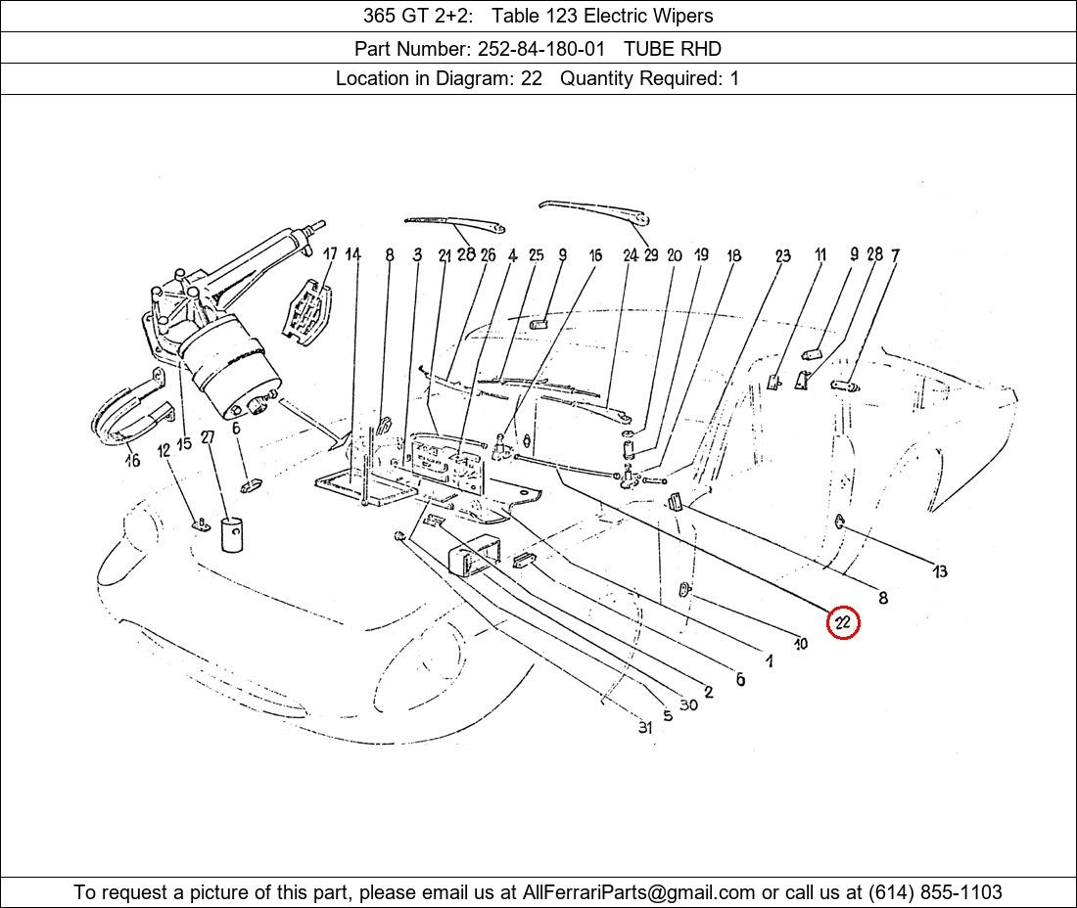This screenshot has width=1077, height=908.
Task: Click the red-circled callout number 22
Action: click(x=843, y=622)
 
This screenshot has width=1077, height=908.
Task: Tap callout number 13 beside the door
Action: click(x=940, y=571)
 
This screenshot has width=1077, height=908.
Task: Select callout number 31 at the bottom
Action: click(x=644, y=727)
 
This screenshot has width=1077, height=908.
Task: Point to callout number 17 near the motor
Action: click(x=330, y=254)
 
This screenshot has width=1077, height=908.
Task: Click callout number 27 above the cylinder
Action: click(x=208, y=437)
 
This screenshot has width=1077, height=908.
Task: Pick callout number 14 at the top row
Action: click(x=353, y=255)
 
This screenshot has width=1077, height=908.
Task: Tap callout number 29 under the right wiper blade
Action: click(x=651, y=255)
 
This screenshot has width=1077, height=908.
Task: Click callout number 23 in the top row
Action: click(x=782, y=256)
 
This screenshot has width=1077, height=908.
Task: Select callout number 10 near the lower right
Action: click(x=801, y=644)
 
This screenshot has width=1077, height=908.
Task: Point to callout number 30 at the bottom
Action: click(x=688, y=704)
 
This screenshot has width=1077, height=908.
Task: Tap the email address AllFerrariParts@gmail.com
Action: click(x=639, y=892)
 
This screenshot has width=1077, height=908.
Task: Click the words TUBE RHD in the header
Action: click(x=673, y=48)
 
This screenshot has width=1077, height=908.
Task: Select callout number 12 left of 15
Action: click(x=163, y=448)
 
